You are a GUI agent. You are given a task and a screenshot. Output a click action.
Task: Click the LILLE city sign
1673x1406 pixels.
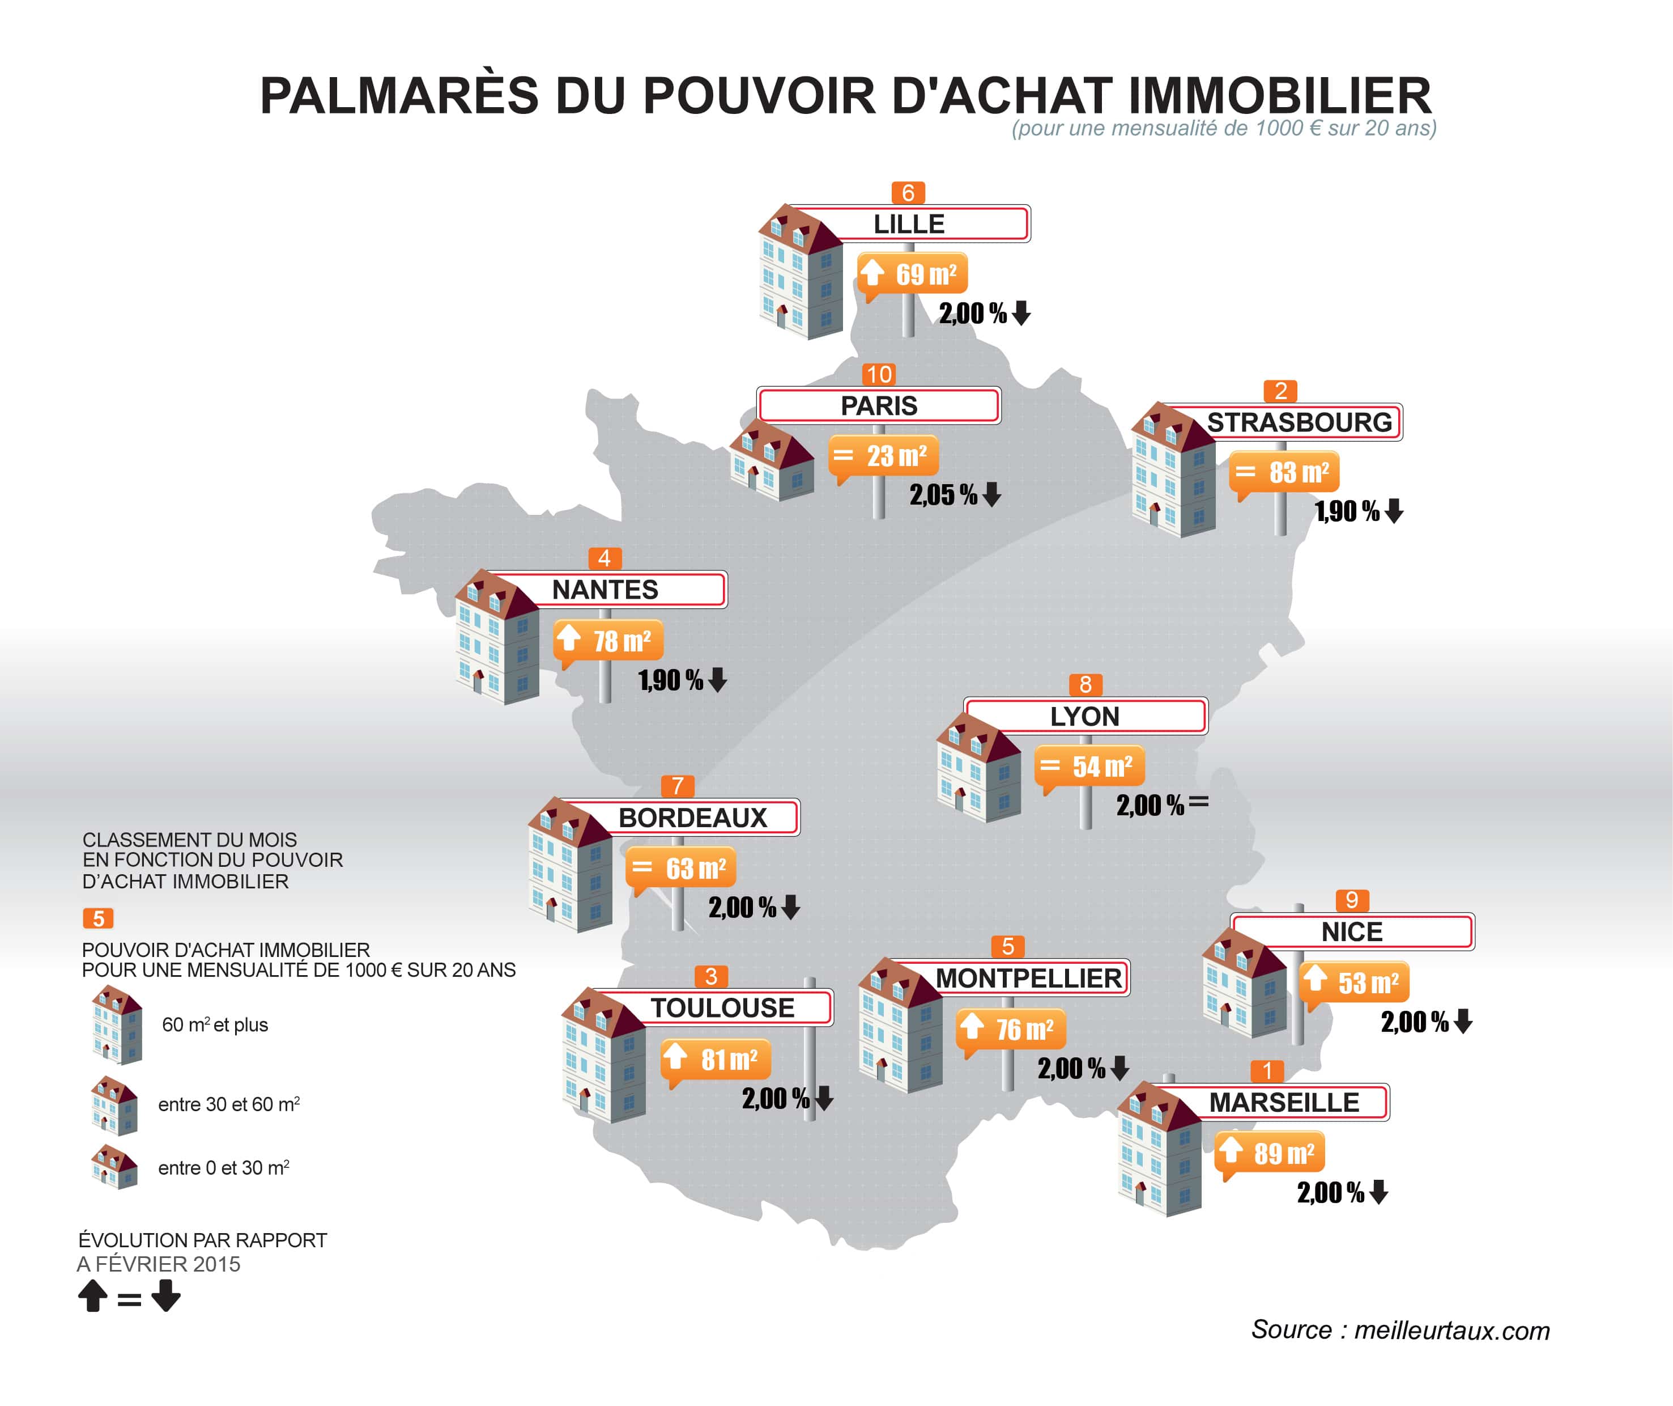click(x=908, y=224)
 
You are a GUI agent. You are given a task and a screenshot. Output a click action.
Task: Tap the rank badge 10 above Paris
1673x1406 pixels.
click(x=879, y=375)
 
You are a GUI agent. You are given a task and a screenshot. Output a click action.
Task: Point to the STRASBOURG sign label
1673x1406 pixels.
click(x=1299, y=422)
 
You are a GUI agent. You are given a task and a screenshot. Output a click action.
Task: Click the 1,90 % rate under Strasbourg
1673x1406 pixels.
click(x=1346, y=512)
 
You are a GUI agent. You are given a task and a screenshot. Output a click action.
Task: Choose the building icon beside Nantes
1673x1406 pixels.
click(x=496, y=638)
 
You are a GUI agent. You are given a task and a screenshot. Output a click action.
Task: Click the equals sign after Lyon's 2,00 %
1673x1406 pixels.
click(x=1198, y=803)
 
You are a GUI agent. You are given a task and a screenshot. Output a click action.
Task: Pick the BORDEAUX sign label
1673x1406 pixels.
click(x=692, y=818)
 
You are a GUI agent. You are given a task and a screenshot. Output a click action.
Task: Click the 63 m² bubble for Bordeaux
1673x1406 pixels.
click(x=681, y=869)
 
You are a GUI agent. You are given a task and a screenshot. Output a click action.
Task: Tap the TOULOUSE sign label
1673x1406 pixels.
click(x=722, y=1008)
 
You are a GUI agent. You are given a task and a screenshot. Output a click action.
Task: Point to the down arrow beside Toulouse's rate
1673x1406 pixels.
click(x=824, y=1098)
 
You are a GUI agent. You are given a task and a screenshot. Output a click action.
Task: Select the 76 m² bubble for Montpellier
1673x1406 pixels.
click(x=1011, y=1030)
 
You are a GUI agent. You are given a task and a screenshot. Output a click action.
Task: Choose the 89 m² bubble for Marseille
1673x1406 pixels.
click(x=1270, y=1153)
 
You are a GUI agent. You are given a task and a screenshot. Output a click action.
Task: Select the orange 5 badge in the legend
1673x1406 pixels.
click(x=98, y=918)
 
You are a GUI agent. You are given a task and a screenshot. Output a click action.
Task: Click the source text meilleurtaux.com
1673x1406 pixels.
click(x=1400, y=1330)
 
